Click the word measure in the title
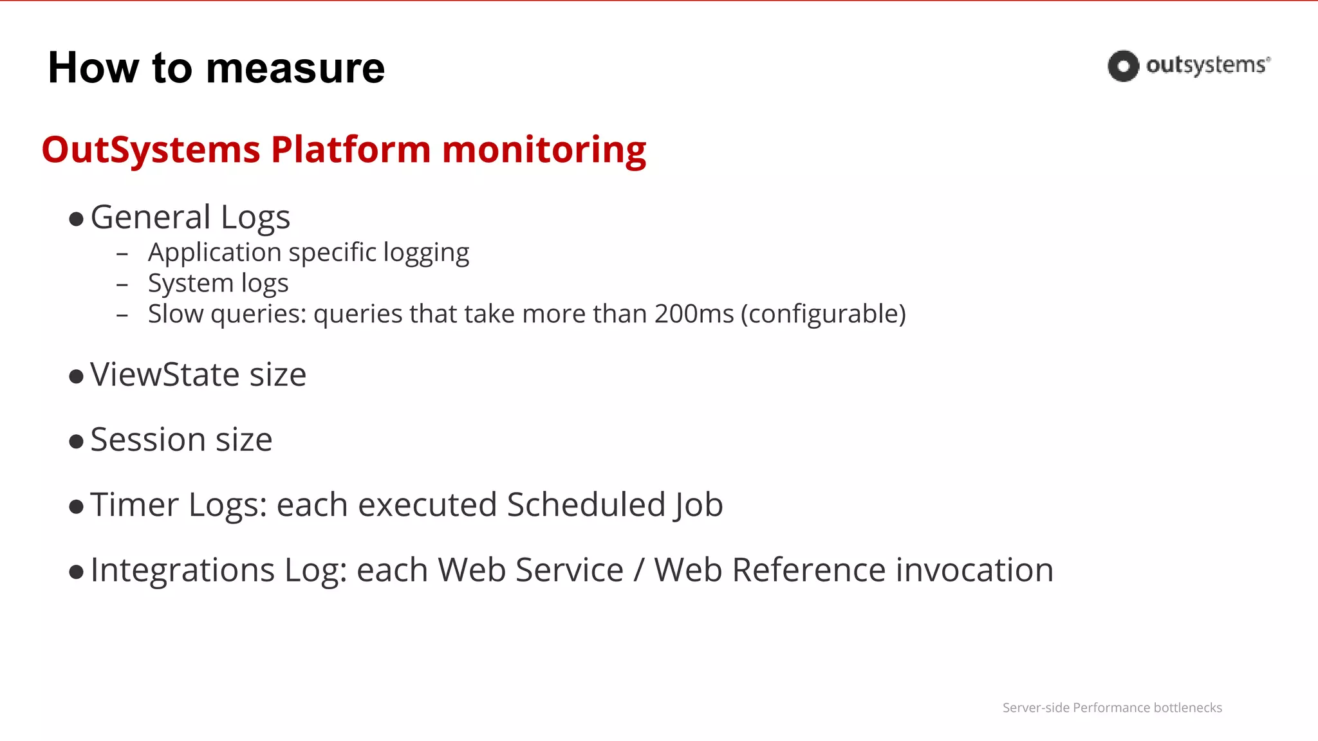(x=295, y=69)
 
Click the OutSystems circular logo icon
(x=1123, y=66)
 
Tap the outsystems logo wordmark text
(x=1207, y=66)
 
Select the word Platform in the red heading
(x=351, y=150)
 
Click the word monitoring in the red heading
(x=544, y=150)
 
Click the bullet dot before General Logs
(x=76, y=219)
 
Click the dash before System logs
(x=122, y=284)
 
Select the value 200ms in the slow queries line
(x=694, y=314)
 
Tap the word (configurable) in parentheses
(x=823, y=314)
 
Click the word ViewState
(x=165, y=374)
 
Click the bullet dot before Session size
(x=76, y=441)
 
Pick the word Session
(x=148, y=440)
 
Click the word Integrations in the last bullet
(x=183, y=571)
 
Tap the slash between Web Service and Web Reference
(x=638, y=571)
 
